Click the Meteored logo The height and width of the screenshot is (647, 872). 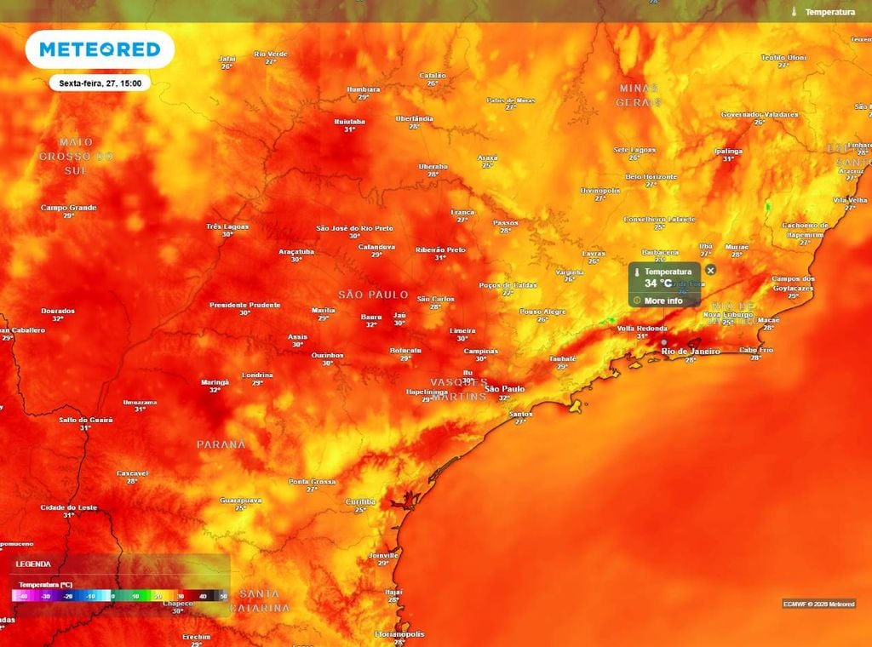(x=100, y=49)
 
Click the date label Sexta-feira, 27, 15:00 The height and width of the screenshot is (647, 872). (x=100, y=83)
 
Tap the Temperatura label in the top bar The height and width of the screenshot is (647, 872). (x=829, y=12)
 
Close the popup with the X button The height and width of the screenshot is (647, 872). (x=711, y=270)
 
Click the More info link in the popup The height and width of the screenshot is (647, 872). (x=663, y=301)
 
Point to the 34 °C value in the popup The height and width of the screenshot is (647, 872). (x=657, y=283)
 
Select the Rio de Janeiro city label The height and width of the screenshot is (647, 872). (x=691, y=351)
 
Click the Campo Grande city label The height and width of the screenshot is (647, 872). (x=69, y=208)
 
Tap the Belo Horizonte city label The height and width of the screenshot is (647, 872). (x=651, y=177)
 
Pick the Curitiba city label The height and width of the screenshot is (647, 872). (x=361, y=501)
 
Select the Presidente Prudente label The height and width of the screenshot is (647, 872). (x=244, y=305)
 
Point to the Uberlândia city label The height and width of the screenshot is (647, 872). (x=415, y=118)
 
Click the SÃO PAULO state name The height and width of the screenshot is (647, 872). (x=374, y=295)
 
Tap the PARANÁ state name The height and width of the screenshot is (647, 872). (x=221, y=444)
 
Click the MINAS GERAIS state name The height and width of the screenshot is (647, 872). (x=639, y=94)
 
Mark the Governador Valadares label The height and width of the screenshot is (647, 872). (x=760, y=114)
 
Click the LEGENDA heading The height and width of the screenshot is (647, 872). (x=33, y=564)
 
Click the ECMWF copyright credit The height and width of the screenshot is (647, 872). (x=817, y=604)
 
